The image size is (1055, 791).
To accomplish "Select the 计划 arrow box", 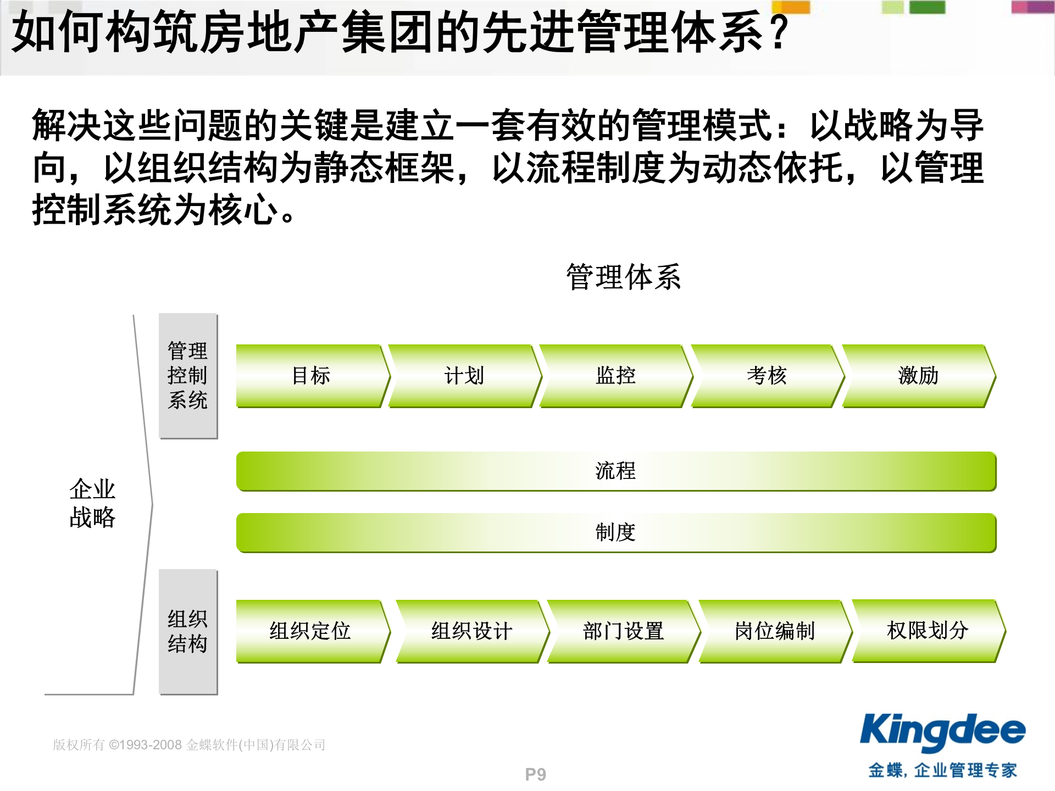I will tap(464, 376).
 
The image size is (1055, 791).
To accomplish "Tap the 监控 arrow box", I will tap(615, 376).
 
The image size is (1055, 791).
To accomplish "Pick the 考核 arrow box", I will tap(767, 376).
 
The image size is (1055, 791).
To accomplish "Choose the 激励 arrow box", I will tap(918, 376).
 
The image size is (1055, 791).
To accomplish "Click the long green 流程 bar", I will tap(615, 471).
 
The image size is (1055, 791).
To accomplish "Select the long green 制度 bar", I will tap(615, 532).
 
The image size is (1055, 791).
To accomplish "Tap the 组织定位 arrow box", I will tap(310, 631).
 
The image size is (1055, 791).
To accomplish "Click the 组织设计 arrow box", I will tap(471, 631).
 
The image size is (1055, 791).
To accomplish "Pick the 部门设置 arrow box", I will tap(623, 631).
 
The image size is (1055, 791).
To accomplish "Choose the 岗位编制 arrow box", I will tap(775, 631).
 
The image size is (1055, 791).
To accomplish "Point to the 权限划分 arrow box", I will tap(928, 631).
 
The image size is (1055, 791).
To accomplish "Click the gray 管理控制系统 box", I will tap(188, 376).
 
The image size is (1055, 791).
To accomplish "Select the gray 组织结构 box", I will tap(188, 632).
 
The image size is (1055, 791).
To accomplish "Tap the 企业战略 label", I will tap(92, 503).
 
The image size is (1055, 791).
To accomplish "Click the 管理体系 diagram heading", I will tap(624, 277).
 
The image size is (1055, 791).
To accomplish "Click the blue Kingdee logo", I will tap(942, 732).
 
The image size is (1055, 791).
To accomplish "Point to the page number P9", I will tap(535, 775).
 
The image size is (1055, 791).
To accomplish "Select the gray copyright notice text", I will tap(189, 745).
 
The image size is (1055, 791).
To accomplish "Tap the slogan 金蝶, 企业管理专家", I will tap(942, 770).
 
